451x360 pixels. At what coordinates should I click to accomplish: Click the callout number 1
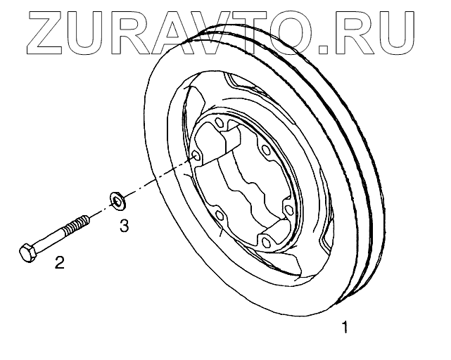tap(344, 327)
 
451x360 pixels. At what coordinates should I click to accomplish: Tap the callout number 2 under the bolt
tap(60, 264)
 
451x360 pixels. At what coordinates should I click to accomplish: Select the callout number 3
tap(123, 226)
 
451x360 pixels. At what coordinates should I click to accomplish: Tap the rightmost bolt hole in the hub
tap(288, 210)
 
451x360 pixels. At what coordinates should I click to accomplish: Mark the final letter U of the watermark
tap(408, 29)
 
